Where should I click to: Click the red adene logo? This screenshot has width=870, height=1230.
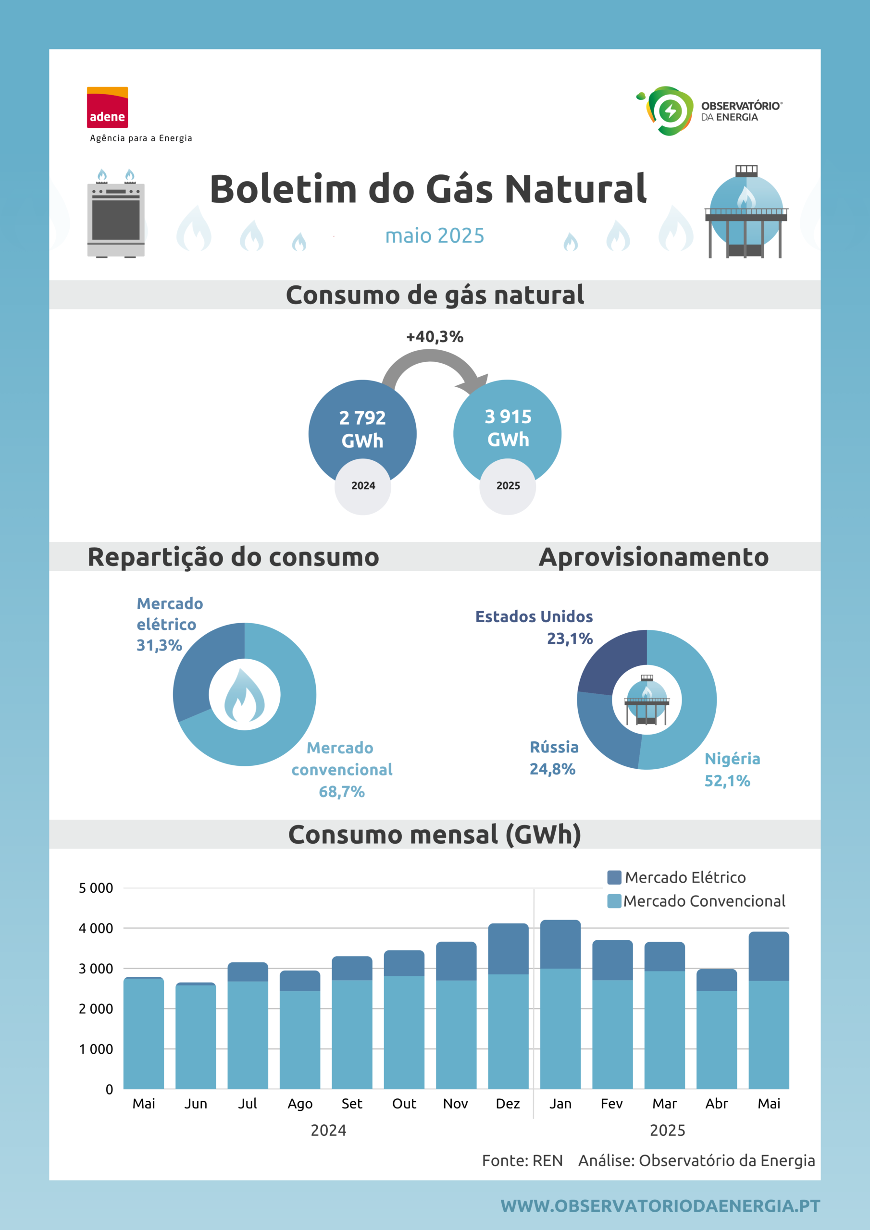107,107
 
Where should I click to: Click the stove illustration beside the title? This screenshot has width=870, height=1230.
116,213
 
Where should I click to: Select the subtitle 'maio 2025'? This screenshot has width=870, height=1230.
435,236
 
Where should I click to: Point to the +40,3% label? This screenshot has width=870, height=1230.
435,336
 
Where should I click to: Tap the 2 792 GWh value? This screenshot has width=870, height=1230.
362,429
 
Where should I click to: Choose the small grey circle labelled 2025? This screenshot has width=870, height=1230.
508,486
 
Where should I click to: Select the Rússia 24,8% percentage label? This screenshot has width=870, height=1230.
553,769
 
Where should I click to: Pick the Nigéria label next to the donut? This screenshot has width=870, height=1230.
732,759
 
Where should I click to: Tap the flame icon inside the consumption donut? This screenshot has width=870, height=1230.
245,695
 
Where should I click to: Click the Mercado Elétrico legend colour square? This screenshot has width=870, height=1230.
614,877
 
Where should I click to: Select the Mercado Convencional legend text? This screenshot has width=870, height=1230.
704,901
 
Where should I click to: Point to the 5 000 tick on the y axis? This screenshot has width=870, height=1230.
96,888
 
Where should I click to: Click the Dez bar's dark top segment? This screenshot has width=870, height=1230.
508,949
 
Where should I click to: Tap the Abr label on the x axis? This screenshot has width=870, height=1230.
717,1104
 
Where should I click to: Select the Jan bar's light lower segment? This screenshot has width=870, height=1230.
560,1029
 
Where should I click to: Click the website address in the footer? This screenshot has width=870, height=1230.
660,1206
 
